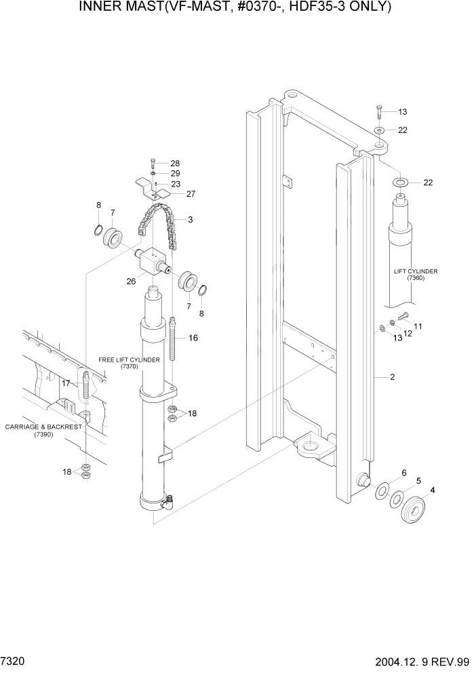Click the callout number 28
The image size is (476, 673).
click(175, 164)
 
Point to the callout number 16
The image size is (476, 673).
click(193, 337)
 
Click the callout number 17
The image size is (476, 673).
click(66, 383)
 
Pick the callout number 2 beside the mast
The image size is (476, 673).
click(392, 376)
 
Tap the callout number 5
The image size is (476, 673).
click(418, 481)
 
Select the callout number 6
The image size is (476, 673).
click(404, 473)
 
